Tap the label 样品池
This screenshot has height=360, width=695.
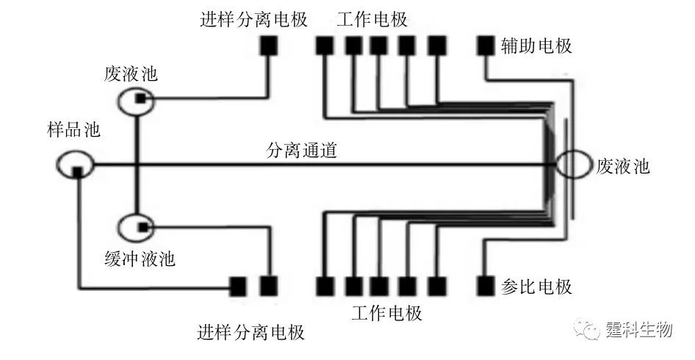tap(70, 132)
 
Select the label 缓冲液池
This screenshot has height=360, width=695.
tap(140, 259)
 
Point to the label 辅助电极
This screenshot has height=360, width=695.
tap(537, 46)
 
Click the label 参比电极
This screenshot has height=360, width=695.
tap(537, 286)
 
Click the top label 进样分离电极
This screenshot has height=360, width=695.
tap(253, 19)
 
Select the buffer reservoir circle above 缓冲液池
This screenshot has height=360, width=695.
tap(137, 228)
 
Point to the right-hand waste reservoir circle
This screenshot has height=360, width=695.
tap(572, 165)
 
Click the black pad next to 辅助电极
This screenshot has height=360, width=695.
tap(486, 46)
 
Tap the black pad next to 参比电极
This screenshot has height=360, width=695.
tap(486, 285)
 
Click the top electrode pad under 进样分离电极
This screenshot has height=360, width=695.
tap(268, 46)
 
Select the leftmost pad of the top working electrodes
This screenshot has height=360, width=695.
tap(325, 46)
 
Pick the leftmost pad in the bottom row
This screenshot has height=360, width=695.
tap(238, 286)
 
